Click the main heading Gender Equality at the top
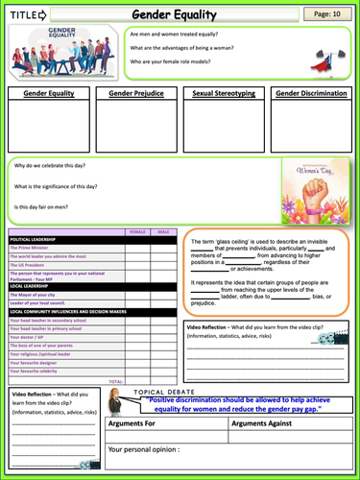(x=180, y=14)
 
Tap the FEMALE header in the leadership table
(x=137, y=232)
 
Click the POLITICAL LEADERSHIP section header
(x=36, y=240)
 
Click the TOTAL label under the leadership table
(x=116, y=381)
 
